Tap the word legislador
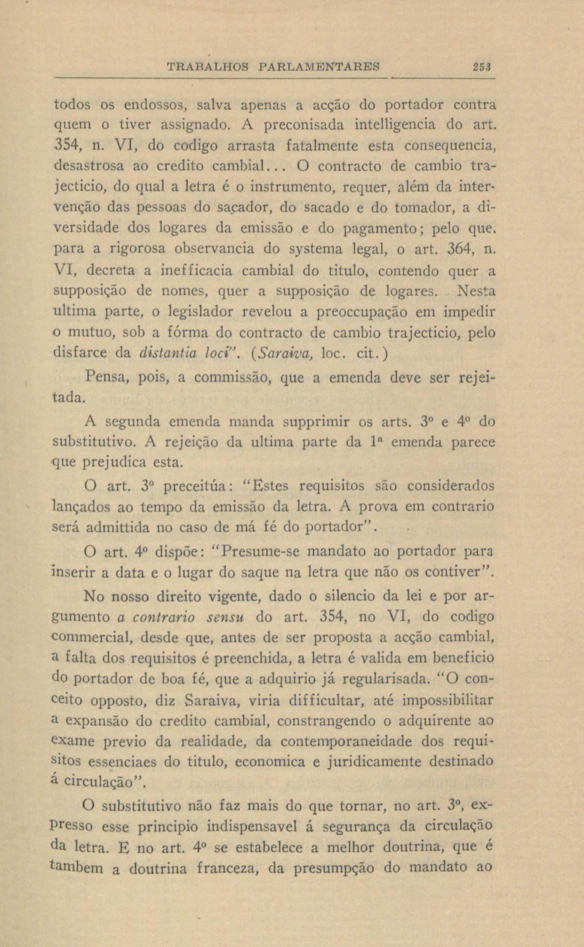click(x=201, y=312)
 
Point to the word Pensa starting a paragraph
click(x=104, y=377)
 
